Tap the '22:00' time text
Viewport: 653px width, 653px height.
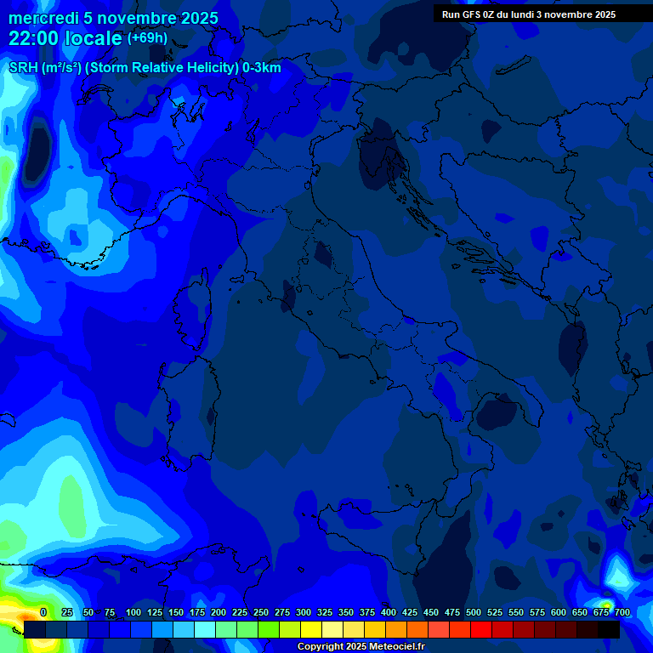32,38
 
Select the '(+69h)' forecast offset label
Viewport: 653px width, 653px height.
148,38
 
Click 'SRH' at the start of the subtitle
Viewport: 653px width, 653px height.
23,68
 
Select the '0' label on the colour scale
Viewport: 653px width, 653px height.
43,612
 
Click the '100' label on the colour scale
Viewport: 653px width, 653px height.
133,612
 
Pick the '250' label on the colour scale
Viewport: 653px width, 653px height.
261,612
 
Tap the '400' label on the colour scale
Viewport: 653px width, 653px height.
389,612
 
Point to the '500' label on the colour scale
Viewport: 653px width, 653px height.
474,612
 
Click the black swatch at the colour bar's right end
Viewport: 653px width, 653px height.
609,629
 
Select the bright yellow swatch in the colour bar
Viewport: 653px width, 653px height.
311,629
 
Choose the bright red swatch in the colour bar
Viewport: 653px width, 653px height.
481,629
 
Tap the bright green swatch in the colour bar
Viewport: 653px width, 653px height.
269,629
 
